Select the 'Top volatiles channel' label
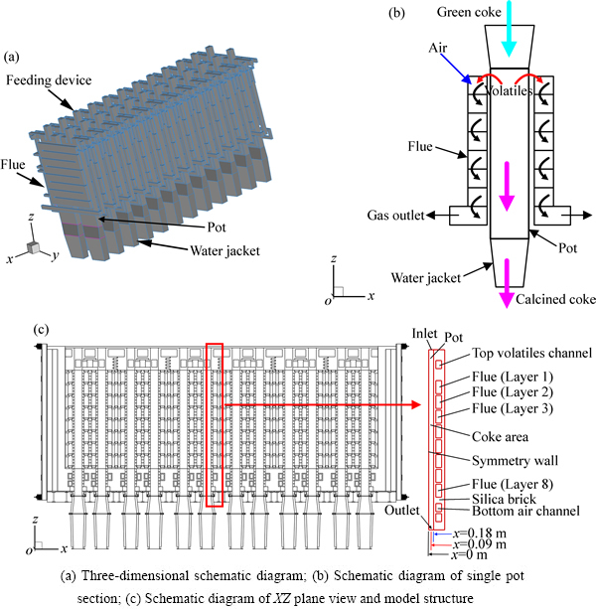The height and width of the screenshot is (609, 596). coord(518,353)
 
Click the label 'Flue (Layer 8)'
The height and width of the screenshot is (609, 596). coord(503,484)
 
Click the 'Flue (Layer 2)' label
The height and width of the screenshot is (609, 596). coord(503,393)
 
